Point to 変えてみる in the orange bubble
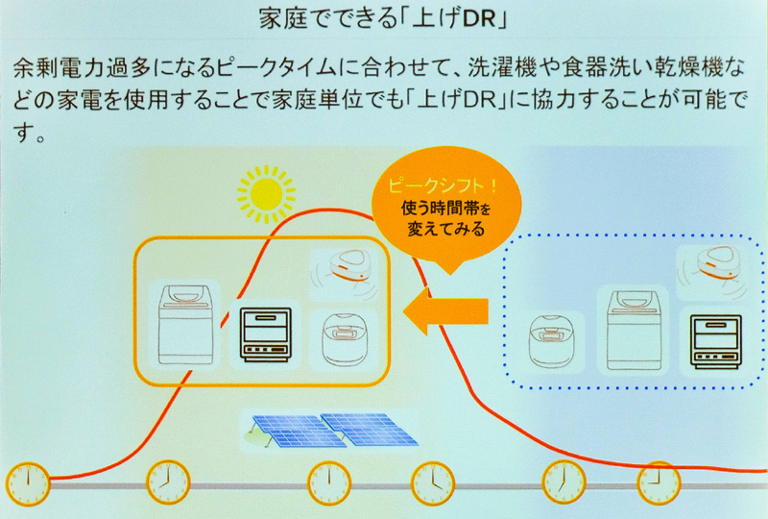click(430, 230)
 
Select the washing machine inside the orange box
click(185, 322)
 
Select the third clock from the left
click(328, 480)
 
